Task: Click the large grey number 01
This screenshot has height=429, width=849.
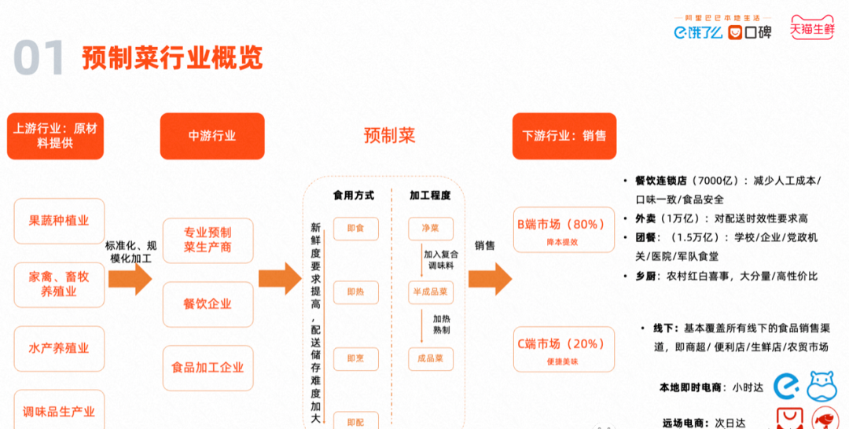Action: [39, 58]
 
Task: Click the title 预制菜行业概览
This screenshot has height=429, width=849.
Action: [172, 57]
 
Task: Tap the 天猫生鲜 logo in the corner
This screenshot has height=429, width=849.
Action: [812, 29]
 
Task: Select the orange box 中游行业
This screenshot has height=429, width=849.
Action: [212, 136]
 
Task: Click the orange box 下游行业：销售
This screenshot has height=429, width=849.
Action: [564, 136]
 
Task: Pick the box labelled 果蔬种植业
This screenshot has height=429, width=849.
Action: [59, 221]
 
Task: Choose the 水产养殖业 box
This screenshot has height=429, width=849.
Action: [59, 349]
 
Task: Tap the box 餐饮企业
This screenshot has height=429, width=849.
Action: [208, 304]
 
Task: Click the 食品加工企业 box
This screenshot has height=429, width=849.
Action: [208, 368]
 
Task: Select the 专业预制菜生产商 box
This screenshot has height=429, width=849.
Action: [208, 240]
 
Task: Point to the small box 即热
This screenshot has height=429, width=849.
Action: [355, 292]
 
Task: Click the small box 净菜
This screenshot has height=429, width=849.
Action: [431, 229]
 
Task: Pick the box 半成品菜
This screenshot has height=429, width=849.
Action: [431, 292]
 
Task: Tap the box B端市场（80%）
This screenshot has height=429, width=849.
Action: [563, 229]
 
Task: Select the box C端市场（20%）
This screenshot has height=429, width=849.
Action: [563, 349]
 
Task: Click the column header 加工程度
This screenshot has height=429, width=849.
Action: [430, 195]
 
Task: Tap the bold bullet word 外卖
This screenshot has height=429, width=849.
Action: [634, 218]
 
